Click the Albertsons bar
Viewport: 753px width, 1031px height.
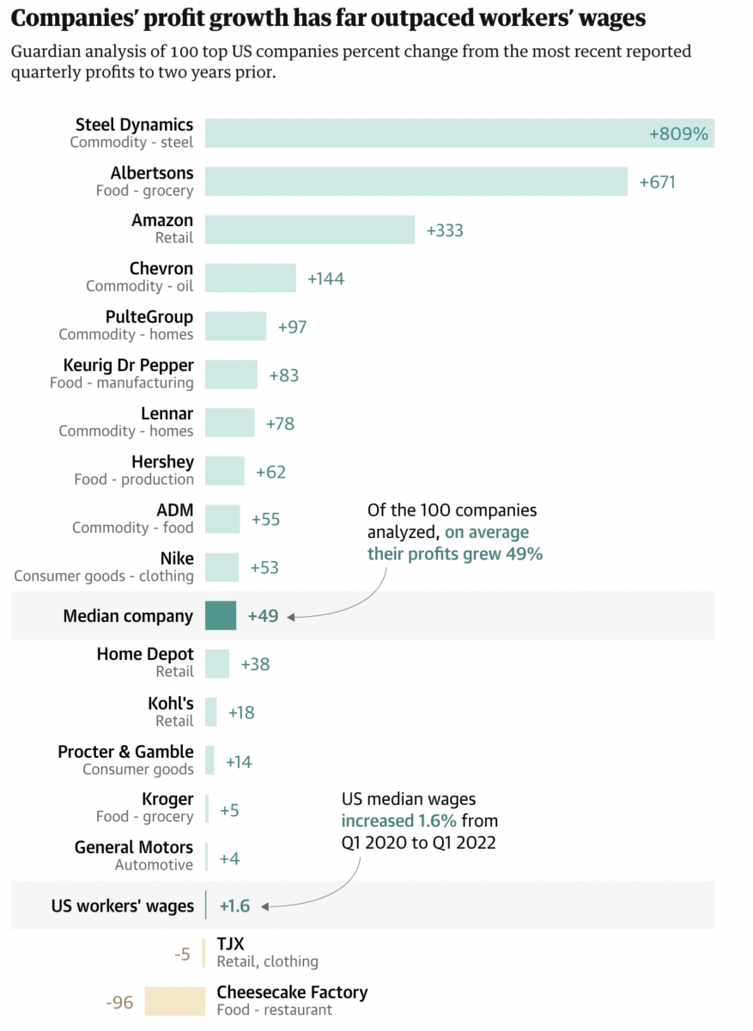pyautogui.click(x=416, y=181)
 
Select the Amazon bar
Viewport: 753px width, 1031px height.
pyautogui.click(x=309, y=229)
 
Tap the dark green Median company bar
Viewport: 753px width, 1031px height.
pyautogui.click(x=220, y=616)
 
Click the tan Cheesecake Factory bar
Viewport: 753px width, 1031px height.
pyautogui.click(x=174, y=1001)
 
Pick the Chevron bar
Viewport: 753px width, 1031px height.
pyautogui.click(x=250, y=278)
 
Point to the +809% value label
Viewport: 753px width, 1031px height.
pyautogui.click(x=678, y=134)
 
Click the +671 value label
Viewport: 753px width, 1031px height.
pyautogui.click(x=657, y=182)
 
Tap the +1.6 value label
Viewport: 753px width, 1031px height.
pyautogui.click(x=234, y=906)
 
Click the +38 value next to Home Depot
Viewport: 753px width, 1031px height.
pyautogui.click(x=255, y=664)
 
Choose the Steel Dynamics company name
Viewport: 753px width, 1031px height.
pyautogui.click(x=134, y=125)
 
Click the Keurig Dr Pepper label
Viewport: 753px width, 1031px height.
pyautogui.click(x=128, y=366)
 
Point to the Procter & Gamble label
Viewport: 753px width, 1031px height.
pyautogui.click(x=125, y=752)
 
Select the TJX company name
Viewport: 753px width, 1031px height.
pyautogui.click(x=230, y=944)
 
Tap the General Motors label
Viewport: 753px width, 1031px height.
pyautogui.click(x=133, y=848)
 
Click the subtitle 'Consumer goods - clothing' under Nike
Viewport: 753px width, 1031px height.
pyautogui.click(x=104, y=576)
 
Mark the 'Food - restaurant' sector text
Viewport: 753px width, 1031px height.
pyautogui.click(x=274, y=1010)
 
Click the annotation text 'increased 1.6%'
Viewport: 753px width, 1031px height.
pyautogui.click(x=398, y=821)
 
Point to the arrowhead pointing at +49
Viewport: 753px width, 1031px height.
pyautogui.click(x=290, y=616)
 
